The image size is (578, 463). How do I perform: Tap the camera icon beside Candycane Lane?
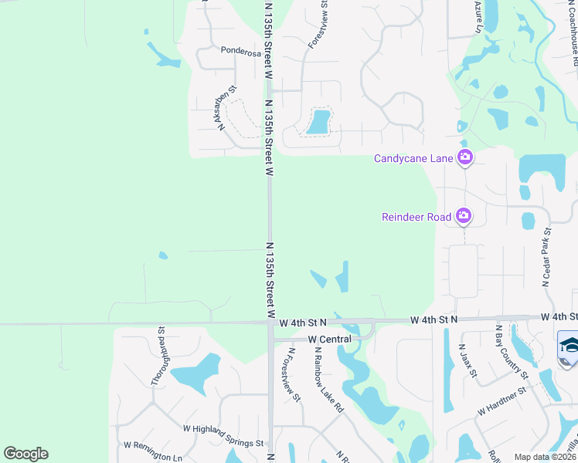pos(465,158)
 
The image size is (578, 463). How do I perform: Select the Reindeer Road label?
pos(416,217)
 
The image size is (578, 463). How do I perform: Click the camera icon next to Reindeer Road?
pos(464,216)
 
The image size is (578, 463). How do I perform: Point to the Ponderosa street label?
pos(240,52)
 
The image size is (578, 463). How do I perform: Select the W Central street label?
pos(329,339)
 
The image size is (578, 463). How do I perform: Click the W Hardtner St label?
pos(501,400)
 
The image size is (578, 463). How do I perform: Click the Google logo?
pos(25,454)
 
